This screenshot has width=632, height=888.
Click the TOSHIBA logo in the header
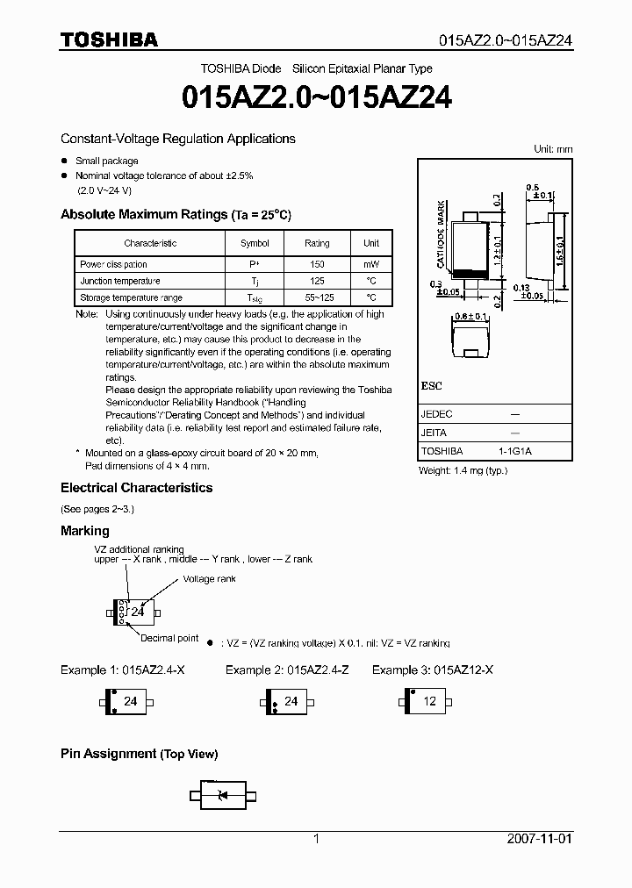click(x=109, y=39)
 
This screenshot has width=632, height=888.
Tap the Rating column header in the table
click(x=317, y=243)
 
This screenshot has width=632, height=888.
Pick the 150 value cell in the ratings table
click(x=317, y=264)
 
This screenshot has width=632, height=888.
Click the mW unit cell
click(x=371, y=264)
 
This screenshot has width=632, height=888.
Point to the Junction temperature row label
click(x=120, y=281)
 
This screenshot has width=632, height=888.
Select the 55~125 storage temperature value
click(x=317, y=297)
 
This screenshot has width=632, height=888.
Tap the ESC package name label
click(x=431, y=386)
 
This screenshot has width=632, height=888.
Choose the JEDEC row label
click(x=435, y=412)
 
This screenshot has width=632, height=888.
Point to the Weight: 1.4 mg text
click(x=463, y=470)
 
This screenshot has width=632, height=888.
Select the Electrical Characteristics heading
click(x=136, y=488)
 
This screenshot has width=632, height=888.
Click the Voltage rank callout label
click(x=210, y=579)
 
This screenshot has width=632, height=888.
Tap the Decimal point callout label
click(x=169, y=638)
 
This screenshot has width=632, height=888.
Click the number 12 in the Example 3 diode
click(x=430, y=701)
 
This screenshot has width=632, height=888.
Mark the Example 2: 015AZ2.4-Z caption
click(x=286, y=670)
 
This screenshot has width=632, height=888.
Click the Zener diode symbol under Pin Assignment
click(x=222, y=795)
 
